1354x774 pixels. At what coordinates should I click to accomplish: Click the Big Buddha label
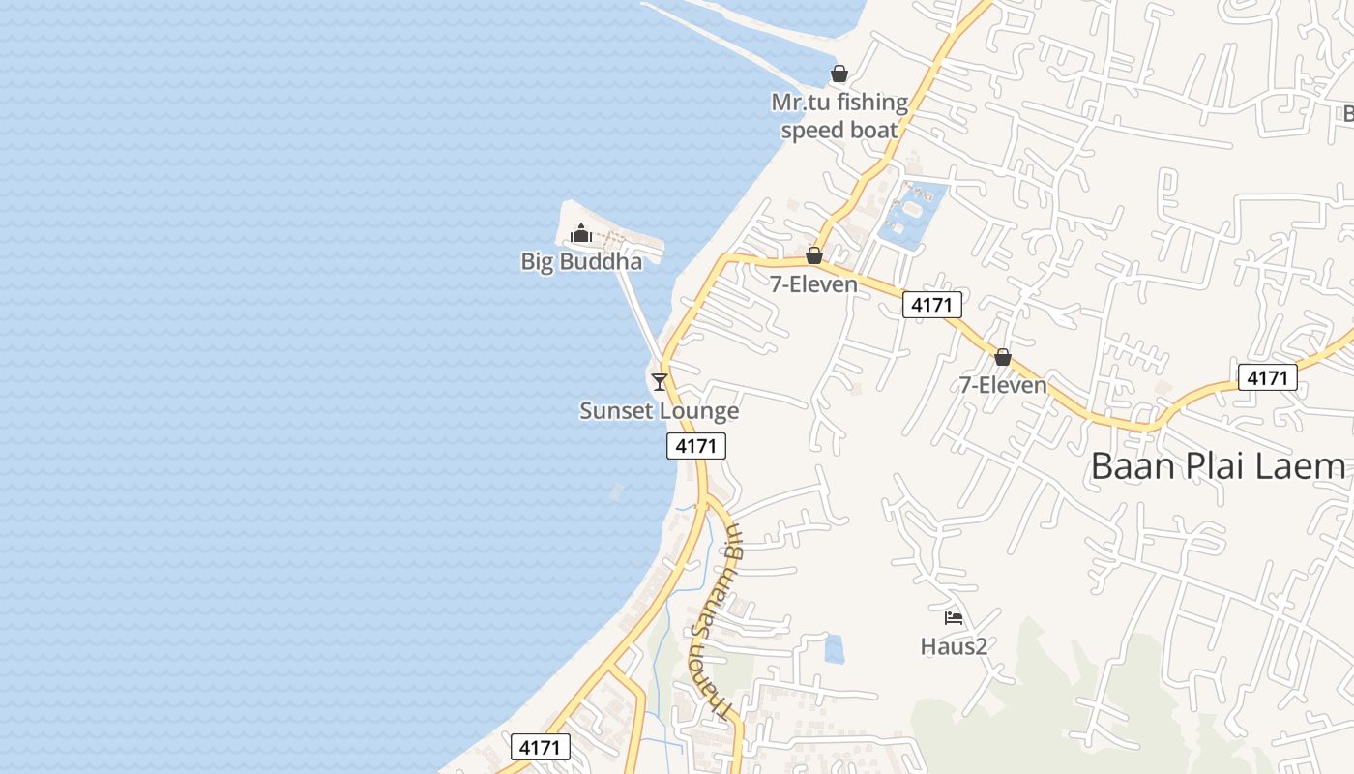tap(580, 261)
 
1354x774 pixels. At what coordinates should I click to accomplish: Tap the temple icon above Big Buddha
tap(581, 233)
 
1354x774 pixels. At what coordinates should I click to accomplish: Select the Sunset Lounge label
tap(659, 410)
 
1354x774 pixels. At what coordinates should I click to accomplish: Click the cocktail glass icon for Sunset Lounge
tap(660, 381)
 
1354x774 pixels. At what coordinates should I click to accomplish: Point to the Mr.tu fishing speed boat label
tap(839, 116)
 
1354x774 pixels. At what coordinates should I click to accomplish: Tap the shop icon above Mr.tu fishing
tap(839, 74)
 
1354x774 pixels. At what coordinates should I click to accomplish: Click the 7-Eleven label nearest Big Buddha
tap(813, 283)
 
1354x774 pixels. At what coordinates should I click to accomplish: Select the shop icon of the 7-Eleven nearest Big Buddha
tap(814, 255)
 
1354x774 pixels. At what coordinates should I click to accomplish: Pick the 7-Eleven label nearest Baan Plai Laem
tap(1003, 385)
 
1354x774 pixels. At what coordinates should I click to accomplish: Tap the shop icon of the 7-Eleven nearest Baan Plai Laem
tap(1003, 357)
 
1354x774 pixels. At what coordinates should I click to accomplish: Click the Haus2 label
tap(954, 646)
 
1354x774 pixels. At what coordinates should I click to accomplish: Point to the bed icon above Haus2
tap(954, 617)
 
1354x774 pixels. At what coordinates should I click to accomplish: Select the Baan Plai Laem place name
tap(1218, 466)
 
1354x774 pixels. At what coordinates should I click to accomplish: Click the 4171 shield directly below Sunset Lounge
tap(695, 446)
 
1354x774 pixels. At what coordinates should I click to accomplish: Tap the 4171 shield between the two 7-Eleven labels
tap(933, 306)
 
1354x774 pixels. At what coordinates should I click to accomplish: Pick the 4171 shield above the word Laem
tap(1267, 377)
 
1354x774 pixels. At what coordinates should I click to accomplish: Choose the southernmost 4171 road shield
tap(540, 747)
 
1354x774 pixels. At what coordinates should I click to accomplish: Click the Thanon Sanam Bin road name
tap(713, 619)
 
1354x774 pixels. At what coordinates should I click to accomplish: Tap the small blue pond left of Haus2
tap(834, 649)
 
